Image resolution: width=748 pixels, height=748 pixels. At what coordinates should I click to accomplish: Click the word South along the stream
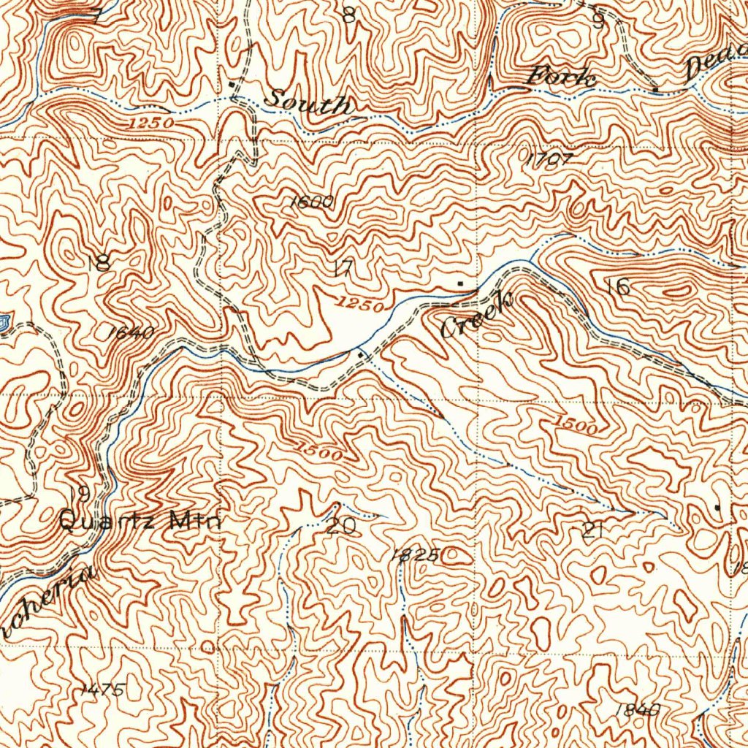pyautogui.click(x=307, y=101)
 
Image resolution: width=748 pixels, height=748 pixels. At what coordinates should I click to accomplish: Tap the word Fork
pyautogui.click(x=562, y=76)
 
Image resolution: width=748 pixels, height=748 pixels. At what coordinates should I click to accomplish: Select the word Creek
pyautogui.click(x=478, y=315)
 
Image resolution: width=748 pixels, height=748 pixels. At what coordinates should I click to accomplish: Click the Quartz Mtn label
pyautogui.click(x=139, y=522)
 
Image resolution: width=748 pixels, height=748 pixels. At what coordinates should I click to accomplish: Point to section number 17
pyautogui.click(x=343, y=268)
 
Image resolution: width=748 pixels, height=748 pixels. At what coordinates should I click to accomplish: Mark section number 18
pyautogui.click(x=99, y=262)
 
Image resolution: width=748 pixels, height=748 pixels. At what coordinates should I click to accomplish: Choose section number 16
pyautogui.click(x=618, y=286)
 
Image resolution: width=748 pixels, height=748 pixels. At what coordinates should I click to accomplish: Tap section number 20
pyautogui.click(x=341, y=525)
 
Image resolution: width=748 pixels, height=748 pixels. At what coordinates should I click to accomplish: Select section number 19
pyautogui.click(x=81, y=493)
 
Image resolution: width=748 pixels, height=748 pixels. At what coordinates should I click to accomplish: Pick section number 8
pyautogui.click(x=349, y=14)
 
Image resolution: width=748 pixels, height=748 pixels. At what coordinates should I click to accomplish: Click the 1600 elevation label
pyautogui.click(x=312, y=202)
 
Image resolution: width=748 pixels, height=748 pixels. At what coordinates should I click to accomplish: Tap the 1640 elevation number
pyautogui.click(x=130, y=333)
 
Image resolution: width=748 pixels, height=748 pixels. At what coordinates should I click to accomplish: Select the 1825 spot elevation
pyautogui.click(x=413, y=555)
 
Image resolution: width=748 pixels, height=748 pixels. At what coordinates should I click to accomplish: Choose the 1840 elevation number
pyautogui.click(x=637, y=709)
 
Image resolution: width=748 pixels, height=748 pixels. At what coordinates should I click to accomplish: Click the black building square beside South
pyautogui.click(x=232, y=84)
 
